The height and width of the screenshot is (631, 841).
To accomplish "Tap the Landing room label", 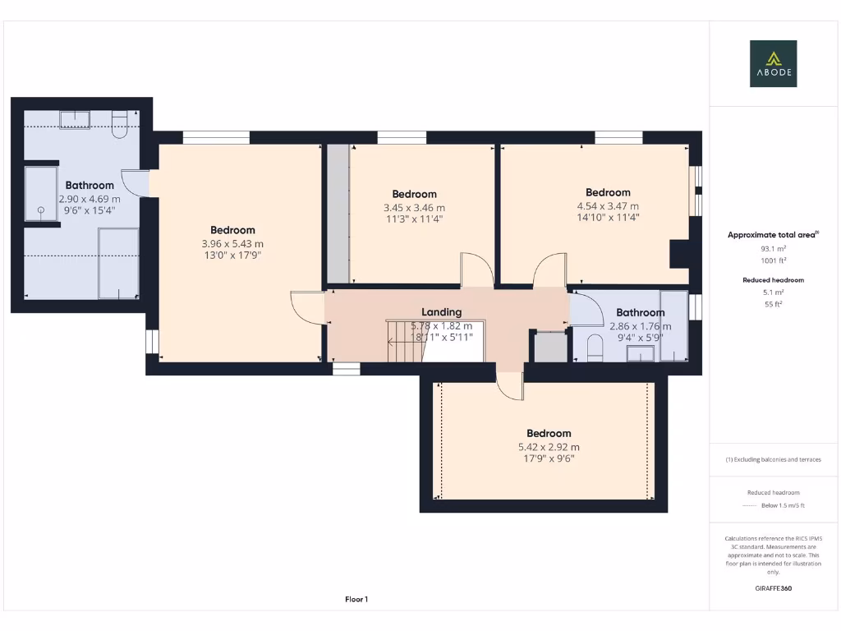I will [441, 312].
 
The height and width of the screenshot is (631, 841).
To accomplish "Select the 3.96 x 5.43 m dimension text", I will [232, 244].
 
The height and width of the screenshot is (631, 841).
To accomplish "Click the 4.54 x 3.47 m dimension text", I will [608, 206].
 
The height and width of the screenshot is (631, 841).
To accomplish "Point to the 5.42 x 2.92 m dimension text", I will [548, 447].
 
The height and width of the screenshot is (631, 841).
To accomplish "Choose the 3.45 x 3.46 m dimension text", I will [414, 208].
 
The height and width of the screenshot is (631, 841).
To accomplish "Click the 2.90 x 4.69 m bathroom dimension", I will [90, 199].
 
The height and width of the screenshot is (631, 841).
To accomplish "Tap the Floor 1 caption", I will [356, 600].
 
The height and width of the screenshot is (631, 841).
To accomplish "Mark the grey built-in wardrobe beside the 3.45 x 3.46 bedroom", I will [338, 214].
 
